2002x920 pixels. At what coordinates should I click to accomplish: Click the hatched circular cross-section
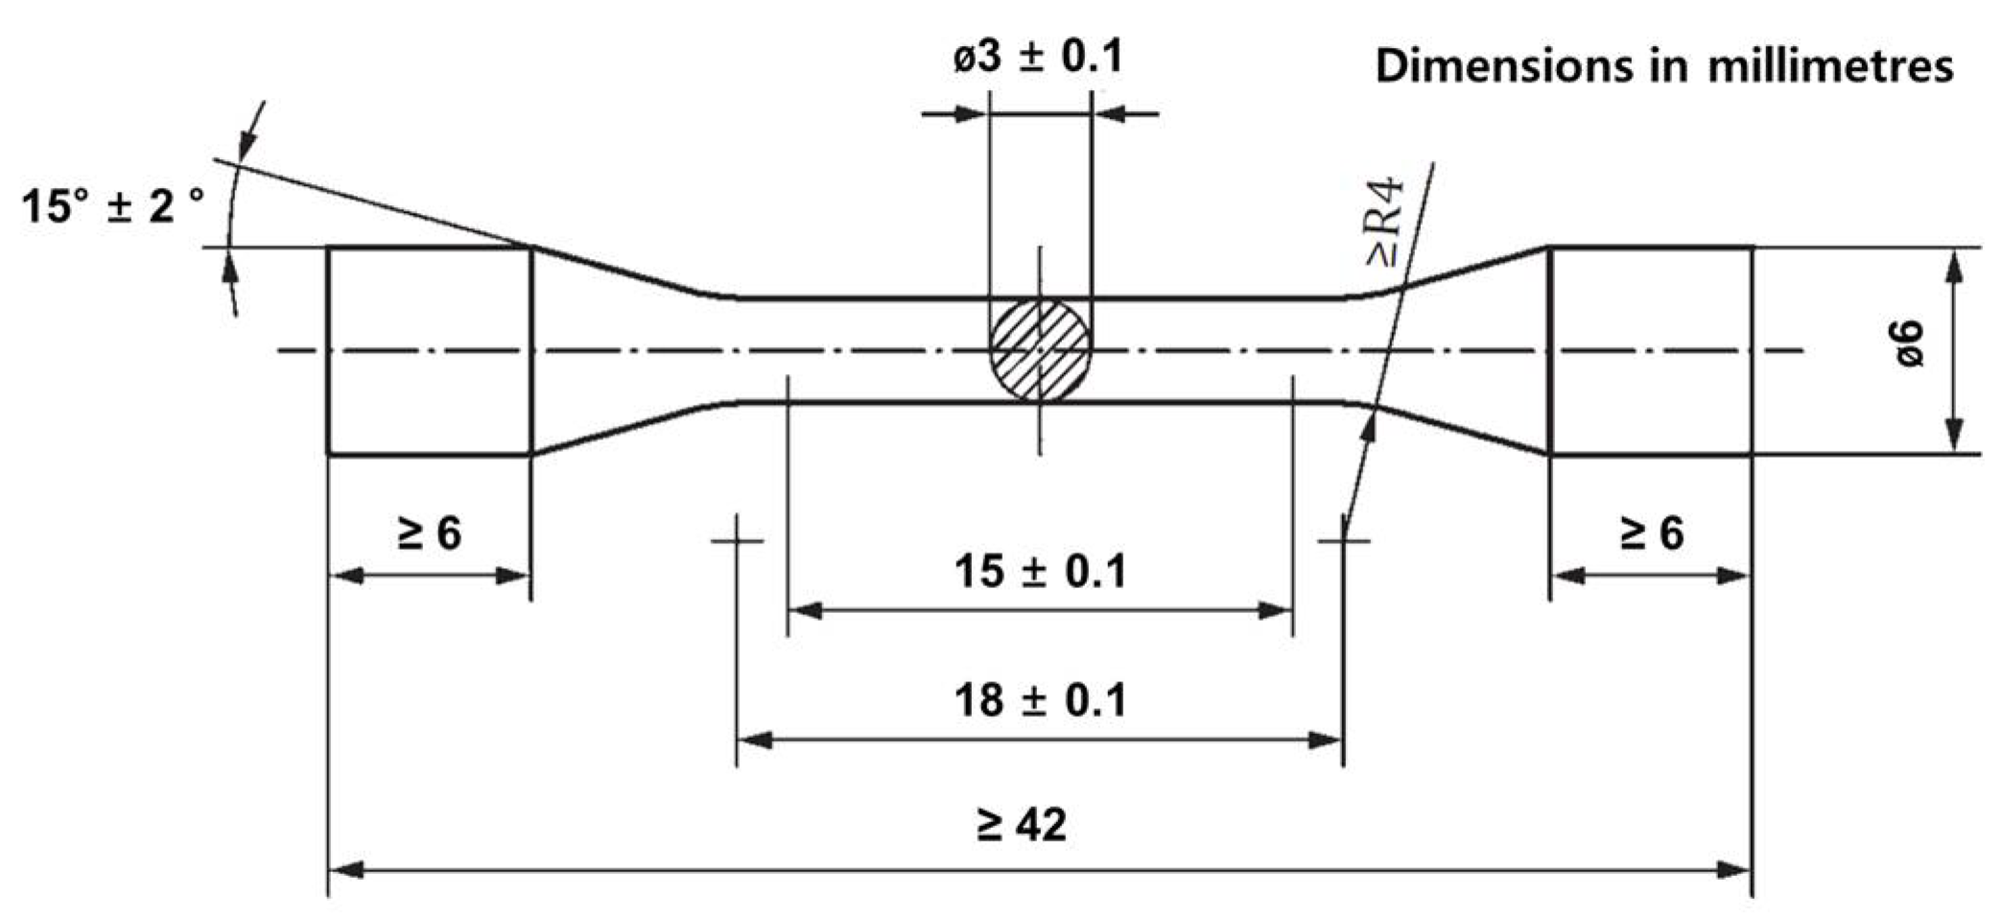point(1040,349)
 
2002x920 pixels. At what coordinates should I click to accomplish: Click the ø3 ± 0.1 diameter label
point(1038,58)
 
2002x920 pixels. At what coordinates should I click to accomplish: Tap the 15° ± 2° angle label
point(113,205)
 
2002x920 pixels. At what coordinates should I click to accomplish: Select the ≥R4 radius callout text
point(1385,222)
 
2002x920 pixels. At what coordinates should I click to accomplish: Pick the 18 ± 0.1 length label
point(1040,700)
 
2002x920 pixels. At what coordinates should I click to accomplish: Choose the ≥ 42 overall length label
point(1021,824)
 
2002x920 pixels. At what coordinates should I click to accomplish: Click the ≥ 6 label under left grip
point(429,532)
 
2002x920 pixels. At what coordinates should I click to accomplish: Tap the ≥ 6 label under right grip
point(1651,532)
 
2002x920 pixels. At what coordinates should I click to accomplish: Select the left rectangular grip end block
point(429,350)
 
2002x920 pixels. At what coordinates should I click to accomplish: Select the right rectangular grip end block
point(1651,350)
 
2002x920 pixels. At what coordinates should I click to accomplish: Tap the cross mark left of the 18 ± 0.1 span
point(737,541)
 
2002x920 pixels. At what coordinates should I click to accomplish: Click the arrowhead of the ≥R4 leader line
point(1370,428)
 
